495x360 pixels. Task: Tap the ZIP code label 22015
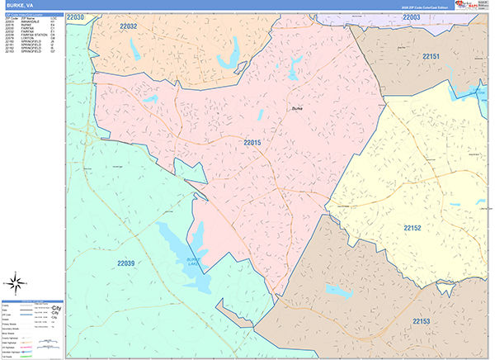pyautogui.click(x=252, y=143)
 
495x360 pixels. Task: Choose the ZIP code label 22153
pyautogui.click(x=422, y=320)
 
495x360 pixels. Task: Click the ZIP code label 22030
pyautogui.click(x=76, y=17)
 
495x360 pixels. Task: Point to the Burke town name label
pyautogui.click(x=298, y=107)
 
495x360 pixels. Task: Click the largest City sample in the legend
pyautogui.click(x=57, y=306)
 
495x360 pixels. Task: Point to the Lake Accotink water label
pyautogui.click(x=480, y=93)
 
